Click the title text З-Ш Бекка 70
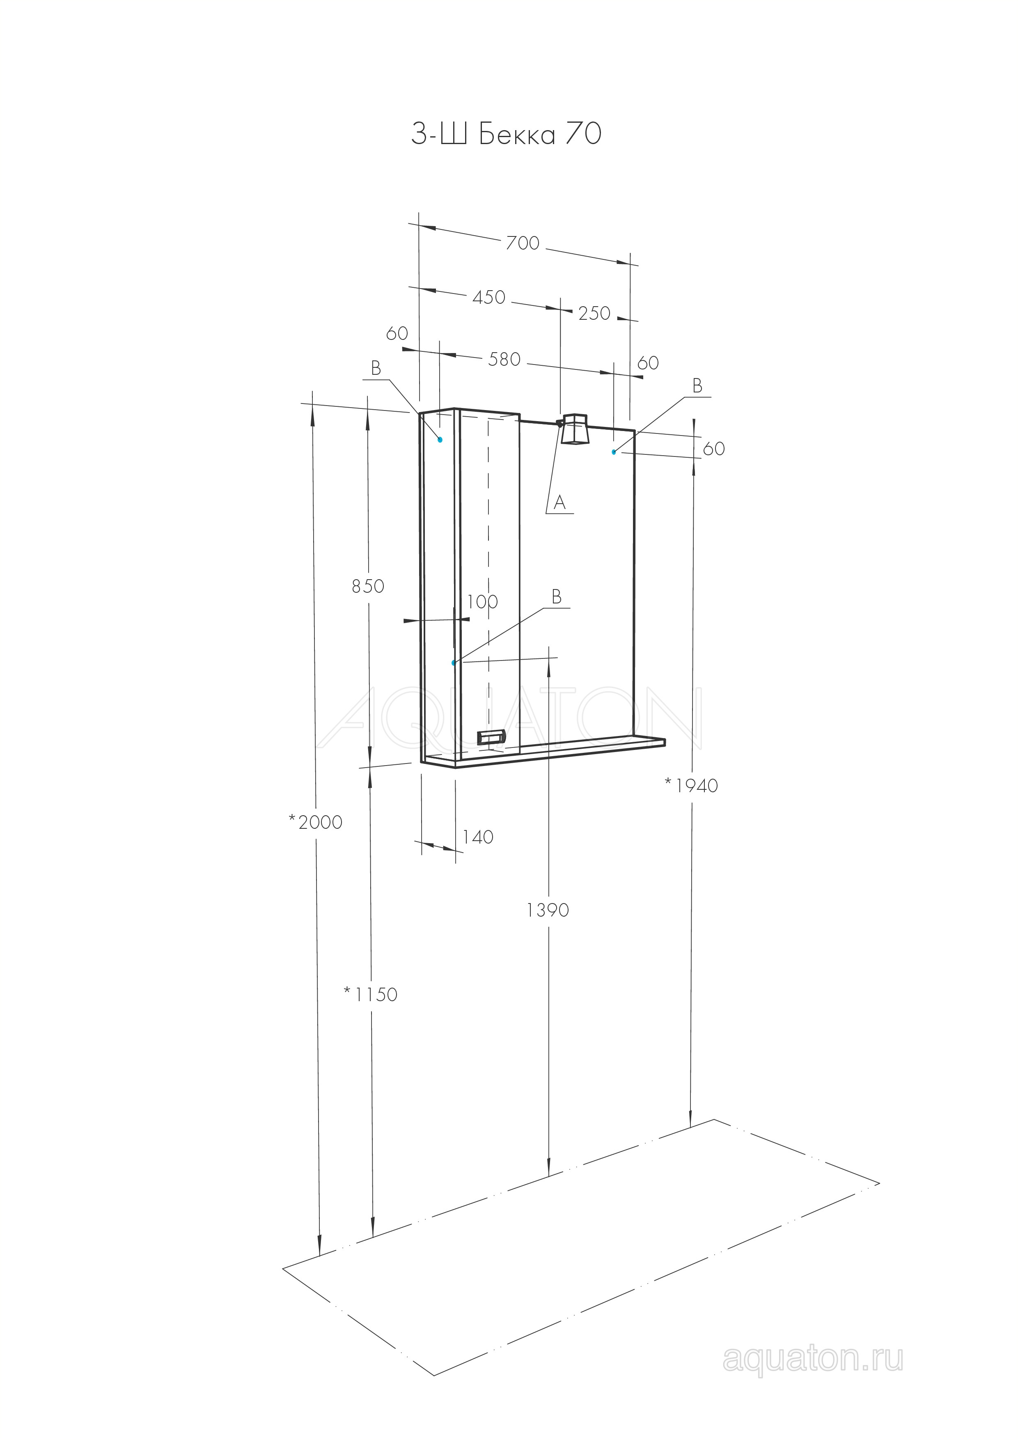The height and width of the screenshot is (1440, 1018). point(506,134)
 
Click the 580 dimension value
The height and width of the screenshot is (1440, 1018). point(504,359)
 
